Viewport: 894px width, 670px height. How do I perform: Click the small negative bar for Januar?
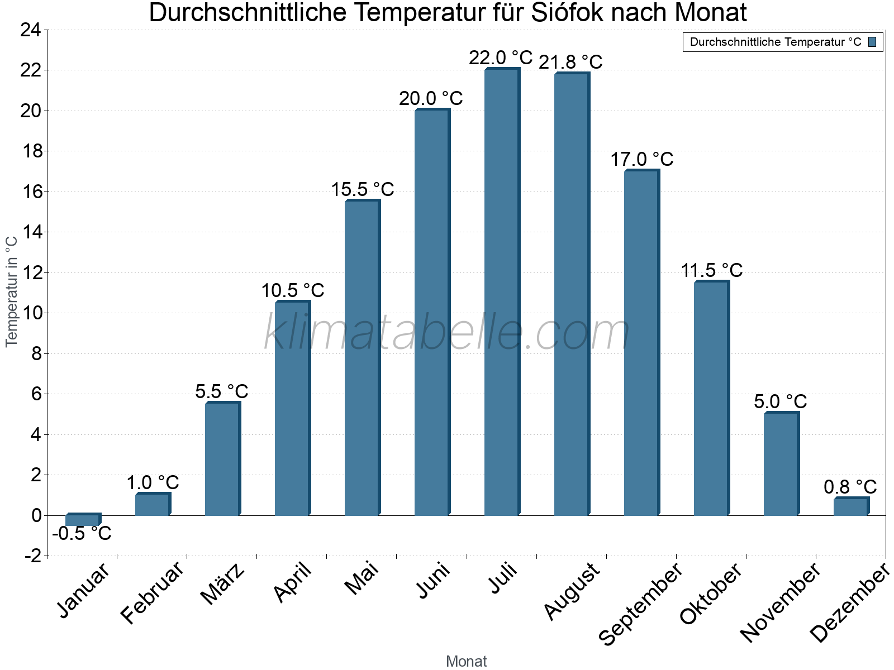point(83,520)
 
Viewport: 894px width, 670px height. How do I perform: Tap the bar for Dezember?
point(850,506)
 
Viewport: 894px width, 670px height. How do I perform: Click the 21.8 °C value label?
point(570,62)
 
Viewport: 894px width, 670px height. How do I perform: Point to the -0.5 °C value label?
point(82,534)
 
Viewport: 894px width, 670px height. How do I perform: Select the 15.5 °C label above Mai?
point(363,190)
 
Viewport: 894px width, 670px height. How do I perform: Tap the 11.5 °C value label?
point(711,271)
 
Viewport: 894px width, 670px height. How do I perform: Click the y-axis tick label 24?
point(31,30)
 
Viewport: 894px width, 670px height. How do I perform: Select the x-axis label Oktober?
point(711,594)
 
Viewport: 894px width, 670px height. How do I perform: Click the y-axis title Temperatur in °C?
point(12,291)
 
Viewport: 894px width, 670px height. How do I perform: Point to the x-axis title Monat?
point(467,662)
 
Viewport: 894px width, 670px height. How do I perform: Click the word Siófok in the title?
point(566,13)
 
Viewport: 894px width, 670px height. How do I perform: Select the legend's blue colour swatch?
point(872,42)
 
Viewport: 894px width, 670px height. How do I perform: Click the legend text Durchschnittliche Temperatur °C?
point(776,42)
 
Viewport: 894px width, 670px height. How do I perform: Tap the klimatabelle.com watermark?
point(447,333)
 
